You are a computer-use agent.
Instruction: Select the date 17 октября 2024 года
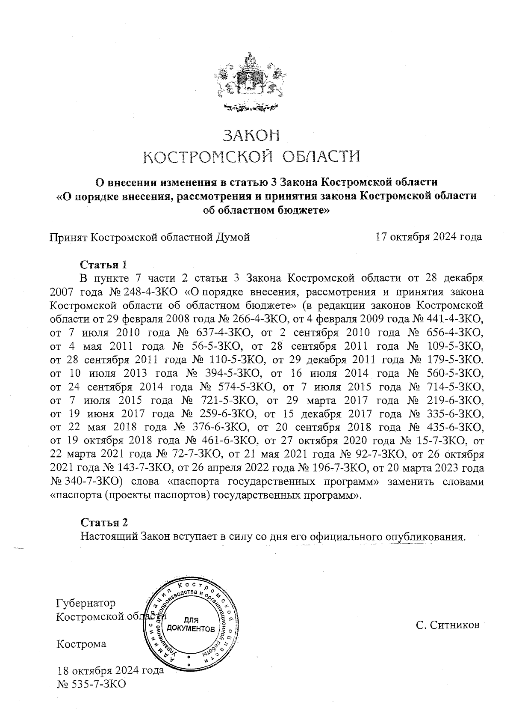pyautogui.click(x=428, y=237)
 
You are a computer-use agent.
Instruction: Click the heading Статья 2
pyautogui.click(x=104, y=522)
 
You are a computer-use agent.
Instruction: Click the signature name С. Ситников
pyautogui.click(x=448, y=625)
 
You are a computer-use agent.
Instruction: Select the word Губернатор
pyautogui.click(x=86, y=603)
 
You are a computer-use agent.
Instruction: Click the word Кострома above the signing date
pyautogui.click(x=82, y=644)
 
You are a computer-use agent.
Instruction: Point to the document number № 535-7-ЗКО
pyautogui.click(x=91, y=684)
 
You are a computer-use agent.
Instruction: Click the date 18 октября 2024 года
pyautogui.click(x=111, y=670)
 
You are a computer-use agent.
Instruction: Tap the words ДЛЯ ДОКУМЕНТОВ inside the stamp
pyautogui.click(x=191, y=625)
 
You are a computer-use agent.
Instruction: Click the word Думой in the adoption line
pyautogui.click(x=231, y=237)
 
